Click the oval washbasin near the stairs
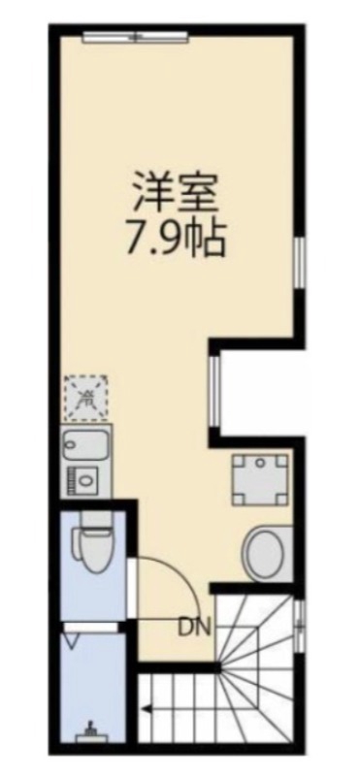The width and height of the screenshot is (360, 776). [x=265, y=554]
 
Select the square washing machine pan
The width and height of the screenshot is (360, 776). [x=260, y=479]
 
